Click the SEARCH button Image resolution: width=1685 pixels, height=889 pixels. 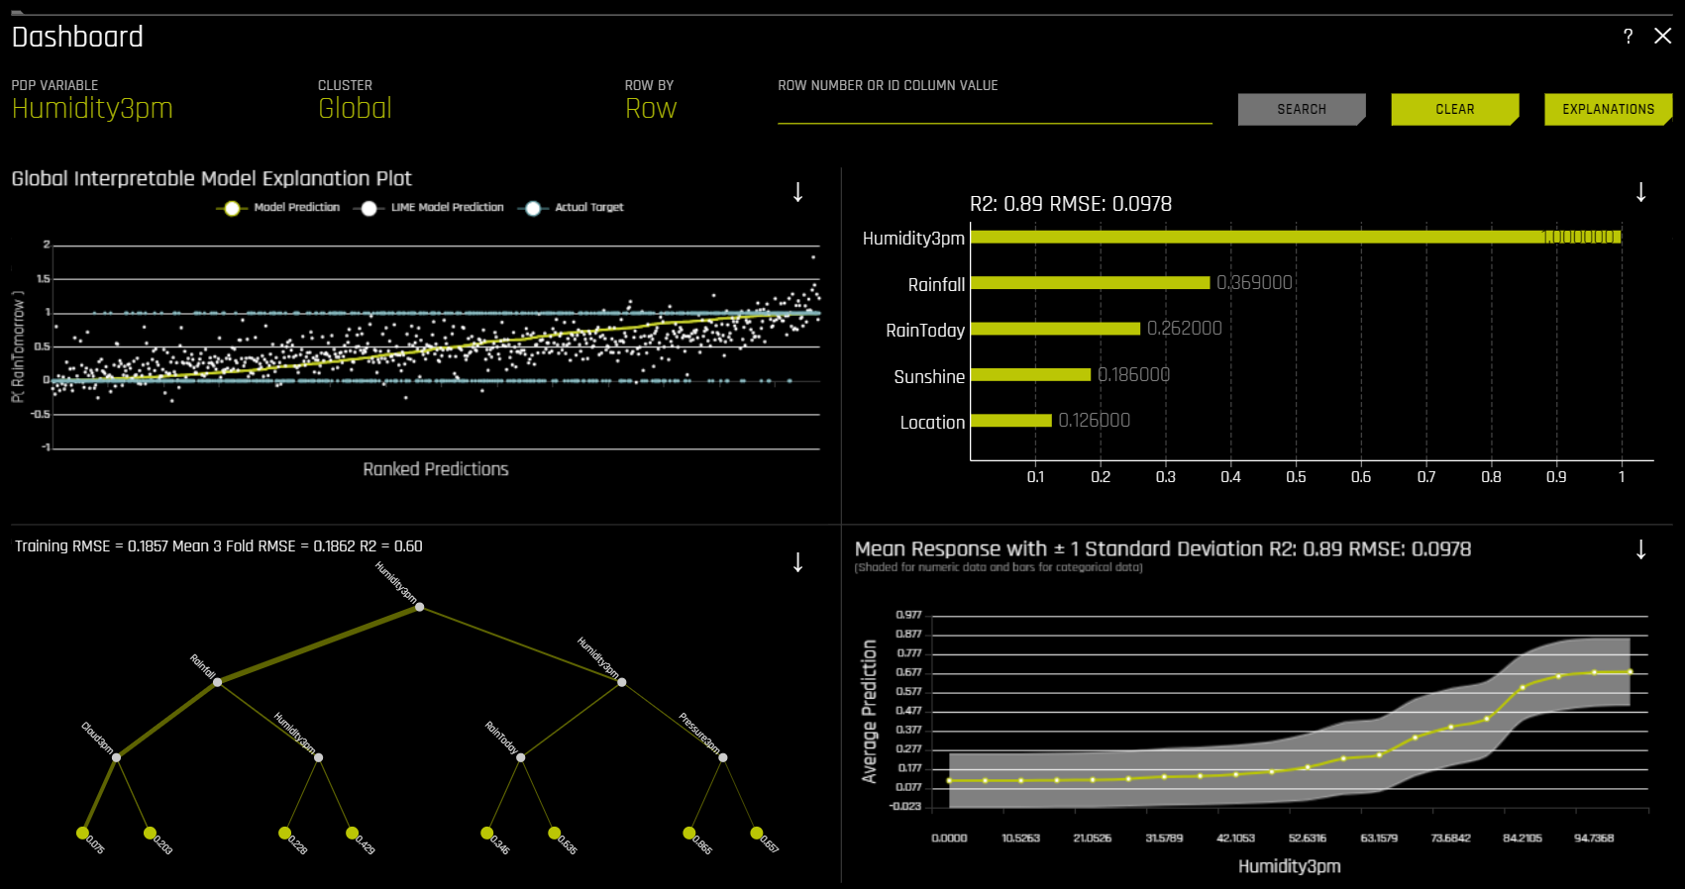coord(1301,109)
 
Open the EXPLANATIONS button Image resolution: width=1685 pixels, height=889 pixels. coord(1607,109)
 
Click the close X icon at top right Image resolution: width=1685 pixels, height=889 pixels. coord(1662,37)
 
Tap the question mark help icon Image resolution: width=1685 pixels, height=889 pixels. coord(1628,37)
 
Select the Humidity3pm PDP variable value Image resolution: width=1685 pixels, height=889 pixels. coord(92,108)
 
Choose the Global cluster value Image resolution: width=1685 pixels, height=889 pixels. coord(355,108)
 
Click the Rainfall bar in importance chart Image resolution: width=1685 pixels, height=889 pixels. coord(1090,283)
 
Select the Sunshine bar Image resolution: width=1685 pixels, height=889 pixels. coord(1030,375)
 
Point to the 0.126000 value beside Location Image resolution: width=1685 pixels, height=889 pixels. coord(1094,421)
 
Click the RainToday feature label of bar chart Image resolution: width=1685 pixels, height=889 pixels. coord(924,331)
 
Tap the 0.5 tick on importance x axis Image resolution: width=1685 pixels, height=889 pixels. coord(1296,477)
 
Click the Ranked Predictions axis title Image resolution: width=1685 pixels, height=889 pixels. coord(435,469)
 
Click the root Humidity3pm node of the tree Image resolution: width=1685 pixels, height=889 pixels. coord(419,607)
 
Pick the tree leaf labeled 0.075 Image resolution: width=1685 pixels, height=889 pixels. coord(83,833)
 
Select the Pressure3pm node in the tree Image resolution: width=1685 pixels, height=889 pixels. coord(723,757)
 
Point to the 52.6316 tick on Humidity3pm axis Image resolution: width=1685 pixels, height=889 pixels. coord(1307,839)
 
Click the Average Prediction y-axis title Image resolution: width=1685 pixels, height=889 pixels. coord(870,711)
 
